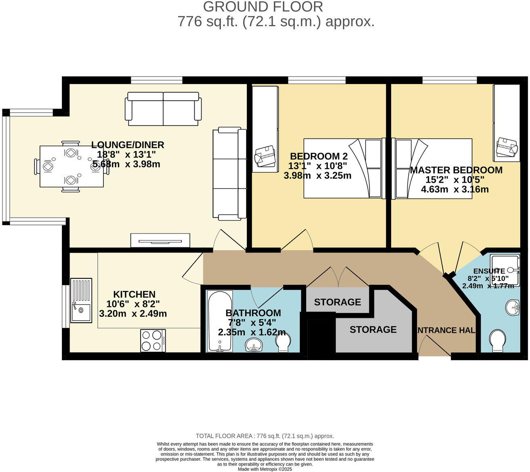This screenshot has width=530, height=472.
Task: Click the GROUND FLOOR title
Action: (x=263, y=7)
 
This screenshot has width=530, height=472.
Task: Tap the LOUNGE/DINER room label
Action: (x=127, y=145)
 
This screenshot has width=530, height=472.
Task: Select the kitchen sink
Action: (x=81, y=301)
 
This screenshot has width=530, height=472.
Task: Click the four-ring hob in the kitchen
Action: (x=153, y=340)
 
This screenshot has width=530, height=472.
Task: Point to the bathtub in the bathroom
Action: (x=219, y=321)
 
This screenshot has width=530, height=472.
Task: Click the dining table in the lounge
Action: (x=72, y=166)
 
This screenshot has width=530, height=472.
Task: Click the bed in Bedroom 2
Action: (x=343, y=168)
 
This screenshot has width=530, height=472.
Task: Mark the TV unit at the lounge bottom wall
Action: (x=160, y=240)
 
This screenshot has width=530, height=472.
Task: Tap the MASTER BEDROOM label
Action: (x=456, y=170)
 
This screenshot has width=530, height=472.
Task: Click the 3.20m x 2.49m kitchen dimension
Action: (x=133, y=313)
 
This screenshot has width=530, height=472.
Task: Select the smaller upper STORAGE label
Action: (x=337, y=302)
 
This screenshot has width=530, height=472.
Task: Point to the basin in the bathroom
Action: (x=254, y=345)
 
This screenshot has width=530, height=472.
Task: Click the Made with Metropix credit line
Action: (x=265, y=469)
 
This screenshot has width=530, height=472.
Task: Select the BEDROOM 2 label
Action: (x=318, y=157)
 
